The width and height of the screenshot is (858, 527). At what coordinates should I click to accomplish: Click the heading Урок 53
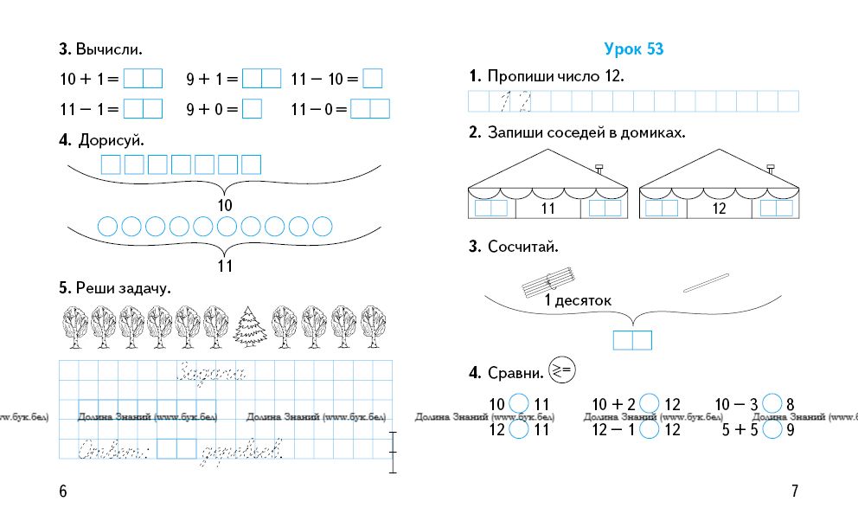(x=634, y=49)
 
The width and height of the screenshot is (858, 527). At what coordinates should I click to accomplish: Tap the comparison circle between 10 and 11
(x=519, y=403)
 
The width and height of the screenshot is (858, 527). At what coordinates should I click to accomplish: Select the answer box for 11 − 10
(x=372, y=79)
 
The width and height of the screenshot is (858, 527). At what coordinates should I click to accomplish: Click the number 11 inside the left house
(x=547, y=209)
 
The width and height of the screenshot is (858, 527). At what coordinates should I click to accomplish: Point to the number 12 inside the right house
(x=719, y=209)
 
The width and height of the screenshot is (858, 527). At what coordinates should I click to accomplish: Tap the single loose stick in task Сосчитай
(x=706, y=282)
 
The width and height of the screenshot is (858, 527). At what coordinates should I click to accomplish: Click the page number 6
(x=62, y=492)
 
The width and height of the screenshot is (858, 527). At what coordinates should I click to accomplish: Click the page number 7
(x=795, y=492)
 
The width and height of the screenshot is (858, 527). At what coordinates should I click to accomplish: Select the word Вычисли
(x=109, y=49)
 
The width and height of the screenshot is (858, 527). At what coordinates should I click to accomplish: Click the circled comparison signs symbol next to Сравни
(x=562, y=371)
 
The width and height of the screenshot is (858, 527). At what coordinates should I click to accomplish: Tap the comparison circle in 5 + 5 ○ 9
(x=773, y=428)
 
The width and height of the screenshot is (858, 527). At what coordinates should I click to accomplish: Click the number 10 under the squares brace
(x=225, y=206)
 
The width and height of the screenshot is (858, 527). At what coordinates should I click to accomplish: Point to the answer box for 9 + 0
(x=252, y=109)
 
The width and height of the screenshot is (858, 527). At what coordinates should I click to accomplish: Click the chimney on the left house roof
(x=599, y=166)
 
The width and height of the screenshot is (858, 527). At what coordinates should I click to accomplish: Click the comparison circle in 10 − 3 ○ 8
(x=773, y=403)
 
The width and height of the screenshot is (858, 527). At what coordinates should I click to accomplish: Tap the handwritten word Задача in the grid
(x=212, y=373)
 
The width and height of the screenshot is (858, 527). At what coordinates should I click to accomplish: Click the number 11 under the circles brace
(x=225, y=267)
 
